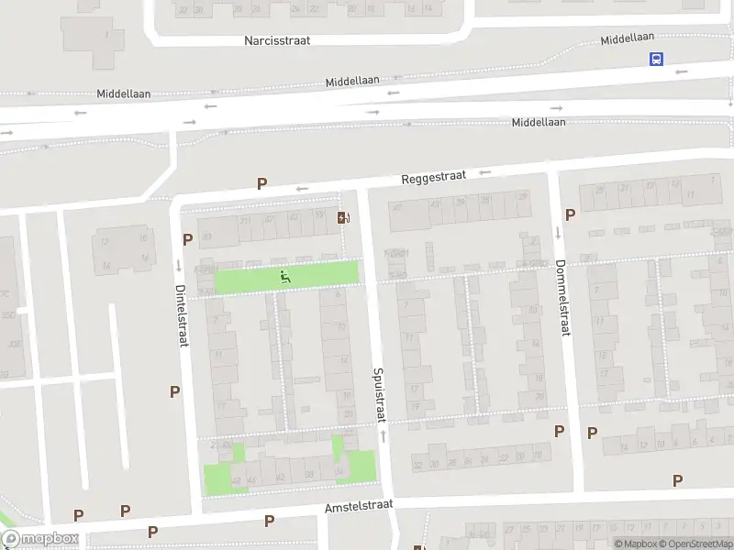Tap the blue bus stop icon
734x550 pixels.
[656, 59]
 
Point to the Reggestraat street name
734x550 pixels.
[434, 181]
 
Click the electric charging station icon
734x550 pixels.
[344, 217]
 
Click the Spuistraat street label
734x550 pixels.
[377, 395]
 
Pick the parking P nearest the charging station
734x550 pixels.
[262, 183]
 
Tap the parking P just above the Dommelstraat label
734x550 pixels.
[570, 214]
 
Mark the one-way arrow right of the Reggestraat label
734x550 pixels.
[485, 172]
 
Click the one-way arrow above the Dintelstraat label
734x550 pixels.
[178, 265]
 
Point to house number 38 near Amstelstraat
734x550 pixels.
[308, 474]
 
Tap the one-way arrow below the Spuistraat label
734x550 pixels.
[383, 436]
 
